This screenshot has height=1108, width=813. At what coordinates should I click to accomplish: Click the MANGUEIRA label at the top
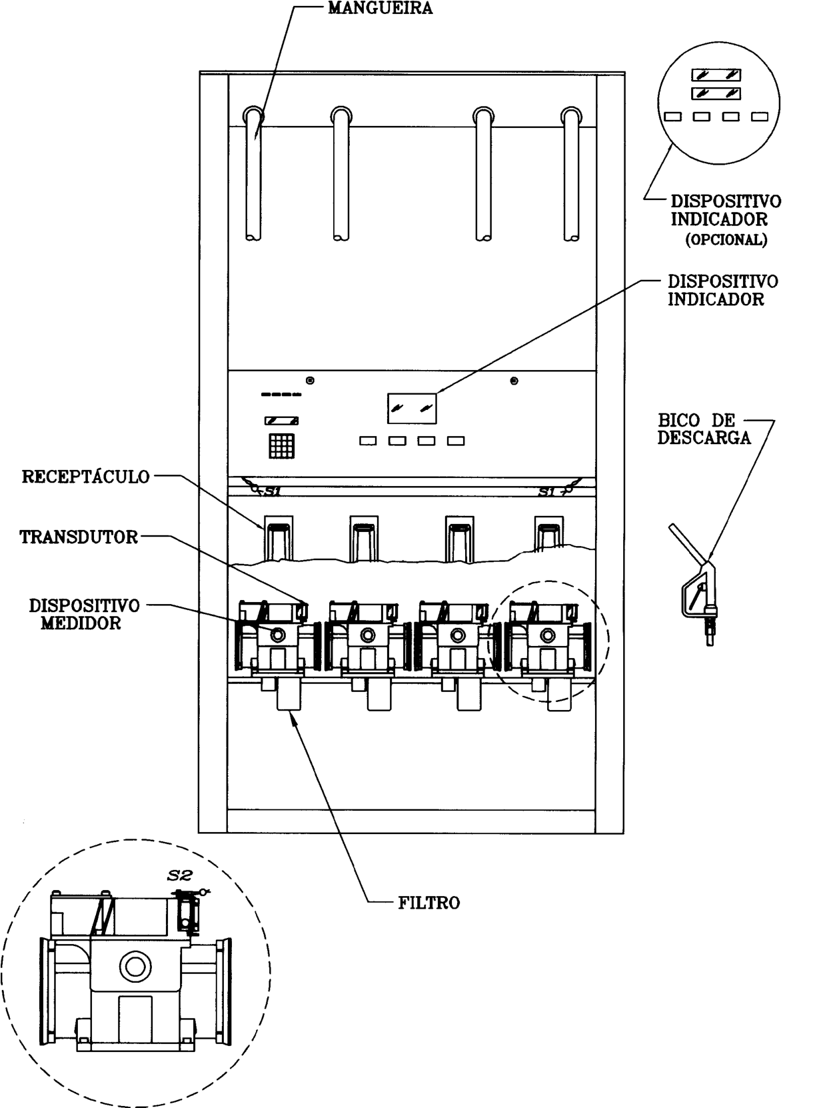[381, 9]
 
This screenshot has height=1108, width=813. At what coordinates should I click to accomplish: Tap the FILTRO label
[429, 903]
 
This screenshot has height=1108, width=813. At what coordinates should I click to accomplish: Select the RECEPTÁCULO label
[85, 477]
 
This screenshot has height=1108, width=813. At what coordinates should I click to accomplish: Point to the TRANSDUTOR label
[79, 537]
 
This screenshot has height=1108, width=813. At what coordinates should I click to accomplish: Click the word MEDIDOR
[81, 623]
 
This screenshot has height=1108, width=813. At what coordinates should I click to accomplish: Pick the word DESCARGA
[704, 437]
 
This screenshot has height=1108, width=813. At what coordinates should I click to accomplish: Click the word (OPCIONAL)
[726, 240]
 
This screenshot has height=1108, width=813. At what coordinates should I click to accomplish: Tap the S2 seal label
[179, 875]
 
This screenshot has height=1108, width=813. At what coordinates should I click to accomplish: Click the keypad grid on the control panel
[282, 446]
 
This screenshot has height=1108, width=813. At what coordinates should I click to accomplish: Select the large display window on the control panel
[412, 408]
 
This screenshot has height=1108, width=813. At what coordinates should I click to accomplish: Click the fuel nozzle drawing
[696, 585]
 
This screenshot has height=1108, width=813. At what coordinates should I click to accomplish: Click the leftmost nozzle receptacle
[278, 539]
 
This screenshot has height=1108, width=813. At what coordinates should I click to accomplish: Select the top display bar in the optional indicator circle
[716, 75]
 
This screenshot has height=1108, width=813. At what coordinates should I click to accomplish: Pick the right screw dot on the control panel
[514, 381]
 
